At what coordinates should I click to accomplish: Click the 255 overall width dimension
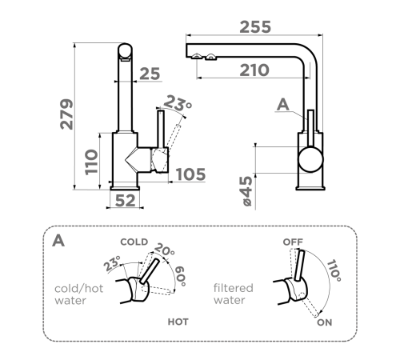255,27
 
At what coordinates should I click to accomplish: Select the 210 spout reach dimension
254,70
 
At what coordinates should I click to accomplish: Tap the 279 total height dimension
66,114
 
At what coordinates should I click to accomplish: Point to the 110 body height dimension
91,162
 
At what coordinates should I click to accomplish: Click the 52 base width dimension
126,201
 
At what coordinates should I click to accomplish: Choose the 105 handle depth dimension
190,174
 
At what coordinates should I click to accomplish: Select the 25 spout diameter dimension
150,74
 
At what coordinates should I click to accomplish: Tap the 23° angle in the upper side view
177,103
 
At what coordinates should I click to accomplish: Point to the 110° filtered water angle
334,270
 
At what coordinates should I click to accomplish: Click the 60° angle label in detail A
181,276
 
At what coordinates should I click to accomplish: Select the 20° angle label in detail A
165,250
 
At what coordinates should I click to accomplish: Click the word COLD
134,242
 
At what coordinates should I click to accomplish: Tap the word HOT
178,322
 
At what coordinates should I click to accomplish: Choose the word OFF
293,242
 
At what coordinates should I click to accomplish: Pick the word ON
324,322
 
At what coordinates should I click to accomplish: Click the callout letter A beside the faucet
282,104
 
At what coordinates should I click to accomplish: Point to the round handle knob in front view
310,159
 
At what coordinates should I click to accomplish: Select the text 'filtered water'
233,294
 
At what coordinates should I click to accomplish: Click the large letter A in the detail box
58,241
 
